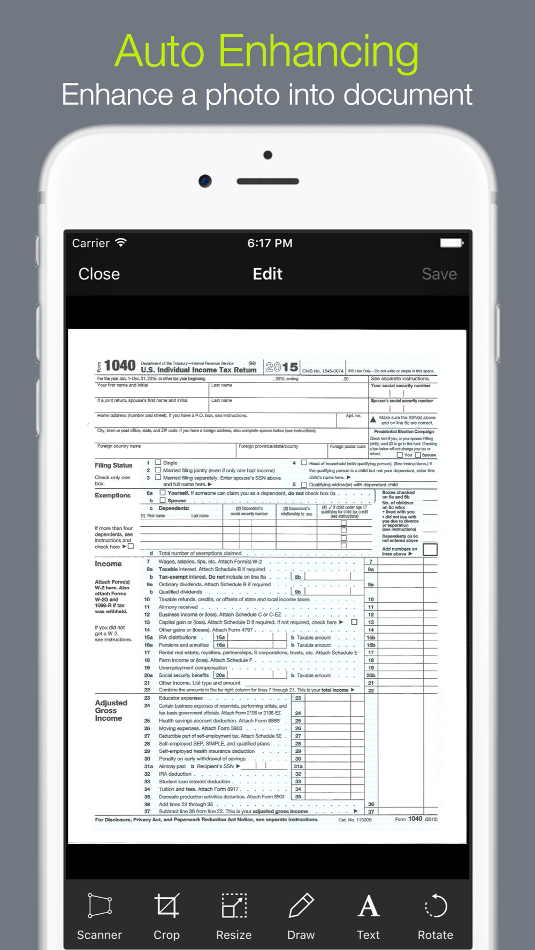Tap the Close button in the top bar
99,274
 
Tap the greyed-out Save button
439,274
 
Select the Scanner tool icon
100,906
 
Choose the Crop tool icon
166,906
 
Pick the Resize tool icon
234,906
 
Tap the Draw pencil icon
301,906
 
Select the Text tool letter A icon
369,906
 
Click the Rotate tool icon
435,906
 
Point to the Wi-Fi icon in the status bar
121,243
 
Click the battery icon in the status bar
451,243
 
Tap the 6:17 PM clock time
270,243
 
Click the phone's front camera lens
205,181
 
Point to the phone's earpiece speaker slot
267,181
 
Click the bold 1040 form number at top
120,365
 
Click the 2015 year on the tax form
281,367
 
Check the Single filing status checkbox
158,462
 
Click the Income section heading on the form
108,564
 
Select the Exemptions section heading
112,495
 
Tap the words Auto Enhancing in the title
266,51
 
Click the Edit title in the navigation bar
267,274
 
